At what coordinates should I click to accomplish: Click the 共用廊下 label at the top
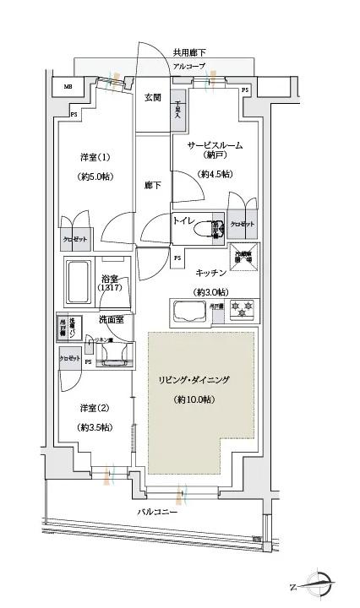click(x=188, y=53)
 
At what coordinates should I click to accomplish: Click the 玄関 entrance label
click(x=152, y=98)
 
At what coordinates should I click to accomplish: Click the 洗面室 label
click(x=111, y=320)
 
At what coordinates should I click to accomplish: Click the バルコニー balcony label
click(x=159, y=513)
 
